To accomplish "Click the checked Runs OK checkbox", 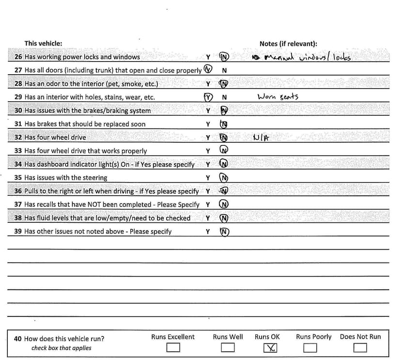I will [x=271, y=347].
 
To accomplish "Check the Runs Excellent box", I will [x=173, y=347].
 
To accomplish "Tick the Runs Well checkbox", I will [x=228, y=347].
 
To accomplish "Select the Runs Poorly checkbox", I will [x=310, y=347].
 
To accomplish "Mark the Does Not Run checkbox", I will [x=360, y=347].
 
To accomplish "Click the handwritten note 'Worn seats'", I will [x=278, y=96].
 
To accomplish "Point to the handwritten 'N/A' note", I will [x=261, y=138].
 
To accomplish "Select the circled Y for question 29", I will [x=208, y=96].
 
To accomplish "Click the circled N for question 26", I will [x=224, y=57].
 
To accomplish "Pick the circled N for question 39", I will [x=224, y=232].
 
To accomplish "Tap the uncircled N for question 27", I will [x=224, y=70].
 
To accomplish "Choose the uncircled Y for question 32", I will [x=208, y=138].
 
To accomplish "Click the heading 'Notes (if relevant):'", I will [x=288, y=44].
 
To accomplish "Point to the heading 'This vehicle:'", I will [x=43, y=44].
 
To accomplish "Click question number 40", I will [x=18, y=339].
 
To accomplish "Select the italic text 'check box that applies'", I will [x=61, y=348].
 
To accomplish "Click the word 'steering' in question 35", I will [x=95, y=178].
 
